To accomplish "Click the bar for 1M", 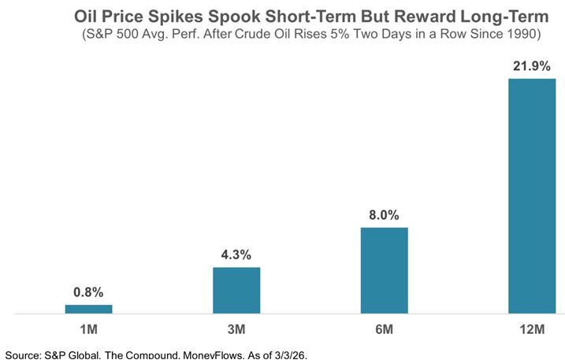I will pos(88,309).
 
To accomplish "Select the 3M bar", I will pos(236,290).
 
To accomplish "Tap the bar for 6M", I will pos(384,270).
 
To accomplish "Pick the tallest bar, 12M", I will pos(531,195).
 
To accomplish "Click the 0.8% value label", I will pos(88,293).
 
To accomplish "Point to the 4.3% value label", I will pos(236,255).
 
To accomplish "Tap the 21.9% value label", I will pos(531,66).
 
